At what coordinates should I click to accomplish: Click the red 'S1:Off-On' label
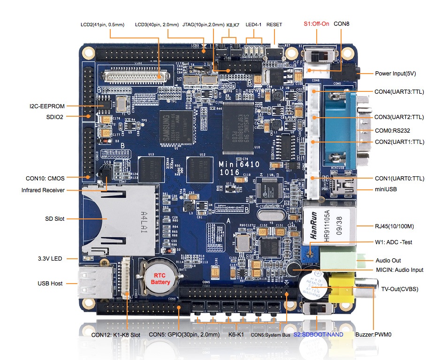317,23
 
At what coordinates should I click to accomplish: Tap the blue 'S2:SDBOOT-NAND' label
318,335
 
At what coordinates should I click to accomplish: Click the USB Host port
94,284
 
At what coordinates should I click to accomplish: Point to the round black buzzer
311,284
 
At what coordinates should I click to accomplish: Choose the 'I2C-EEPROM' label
46,106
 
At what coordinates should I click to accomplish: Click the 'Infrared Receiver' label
43,190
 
